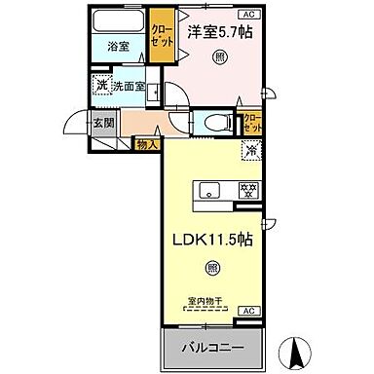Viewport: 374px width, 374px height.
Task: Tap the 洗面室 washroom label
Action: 128,87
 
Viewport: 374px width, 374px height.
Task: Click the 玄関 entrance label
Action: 103,123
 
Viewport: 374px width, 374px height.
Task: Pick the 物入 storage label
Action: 146,144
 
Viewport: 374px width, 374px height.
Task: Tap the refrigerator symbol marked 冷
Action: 250,152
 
